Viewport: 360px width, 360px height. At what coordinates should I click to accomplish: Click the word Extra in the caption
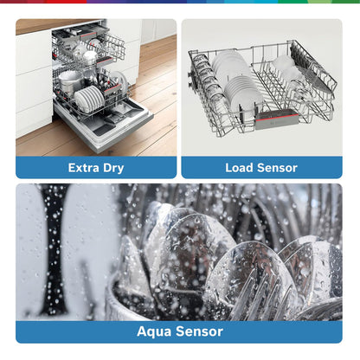(84, 168)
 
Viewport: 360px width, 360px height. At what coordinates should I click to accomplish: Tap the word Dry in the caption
(113, 168)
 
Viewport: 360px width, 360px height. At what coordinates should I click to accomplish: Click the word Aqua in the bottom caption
(154, 331)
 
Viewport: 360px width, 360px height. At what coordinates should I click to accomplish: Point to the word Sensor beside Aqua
(199, 331)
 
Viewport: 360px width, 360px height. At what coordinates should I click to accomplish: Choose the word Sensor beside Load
(277, 168)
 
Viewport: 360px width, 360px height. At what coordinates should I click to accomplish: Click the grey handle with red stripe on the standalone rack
(277, 119)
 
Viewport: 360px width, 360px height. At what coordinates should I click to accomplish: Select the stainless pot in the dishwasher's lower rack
(69, 81)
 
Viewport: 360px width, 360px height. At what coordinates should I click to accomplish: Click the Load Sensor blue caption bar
(261, 168)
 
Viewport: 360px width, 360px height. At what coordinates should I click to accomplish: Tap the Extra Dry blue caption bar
(96, 168)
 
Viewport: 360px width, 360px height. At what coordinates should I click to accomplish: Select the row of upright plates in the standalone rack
(236, 80)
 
